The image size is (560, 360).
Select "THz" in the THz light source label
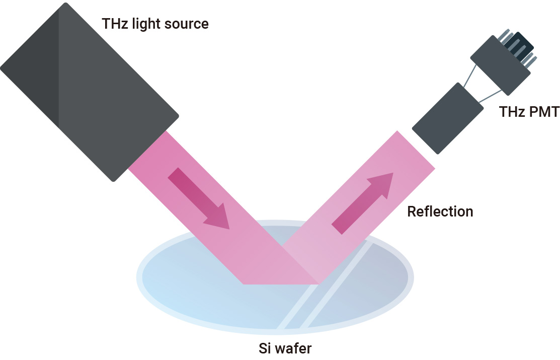(115, 23)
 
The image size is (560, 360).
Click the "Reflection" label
(440, 211)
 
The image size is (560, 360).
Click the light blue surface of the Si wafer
(201, 292)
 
